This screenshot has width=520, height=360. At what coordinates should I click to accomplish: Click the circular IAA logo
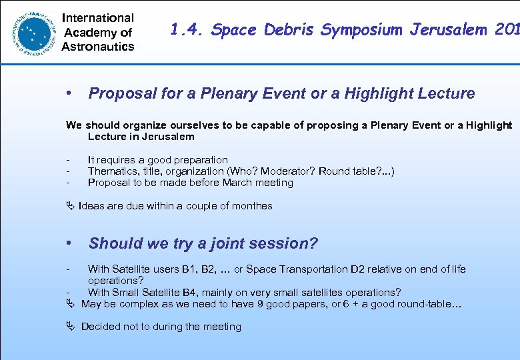[x=31, y=31]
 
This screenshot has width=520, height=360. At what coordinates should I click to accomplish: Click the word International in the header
[x=98, y=18]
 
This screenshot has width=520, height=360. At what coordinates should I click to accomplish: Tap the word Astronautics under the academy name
[x=98, y=47]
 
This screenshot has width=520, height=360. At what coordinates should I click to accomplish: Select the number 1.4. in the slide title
[x=186, y=29]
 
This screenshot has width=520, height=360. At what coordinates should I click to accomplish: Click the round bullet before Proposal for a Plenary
[x=69, y=93]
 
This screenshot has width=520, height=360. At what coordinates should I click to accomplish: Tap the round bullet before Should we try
[x=69, y=243]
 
